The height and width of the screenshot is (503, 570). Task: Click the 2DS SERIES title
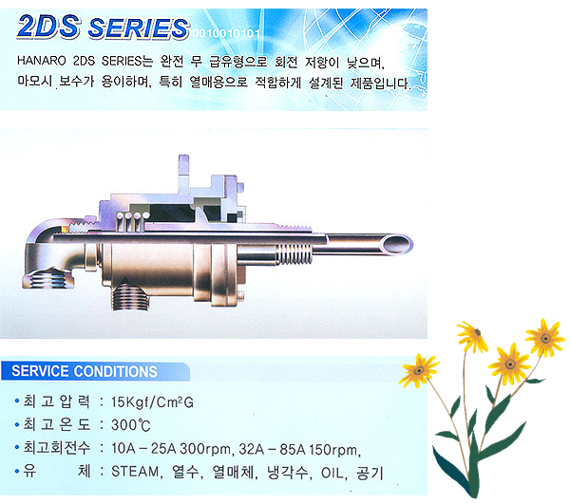pos(103,28)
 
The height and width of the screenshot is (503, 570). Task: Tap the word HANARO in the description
pos(42,61)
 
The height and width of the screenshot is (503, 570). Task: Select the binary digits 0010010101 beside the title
pos(226,34)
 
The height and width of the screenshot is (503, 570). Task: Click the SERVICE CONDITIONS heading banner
pos(95,371)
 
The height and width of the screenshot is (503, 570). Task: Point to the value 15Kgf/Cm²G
pos(152,402)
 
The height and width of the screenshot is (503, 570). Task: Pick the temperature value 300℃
pos(130,425)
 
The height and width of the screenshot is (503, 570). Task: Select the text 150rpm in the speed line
pos(334,450)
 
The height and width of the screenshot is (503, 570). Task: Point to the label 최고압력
pos(56,401)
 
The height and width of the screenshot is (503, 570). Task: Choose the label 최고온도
pos(56,424)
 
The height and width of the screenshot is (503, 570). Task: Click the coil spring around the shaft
pos(294,253)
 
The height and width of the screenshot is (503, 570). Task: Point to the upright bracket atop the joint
pos(183,175)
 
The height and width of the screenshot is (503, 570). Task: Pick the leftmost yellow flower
pos(418,370)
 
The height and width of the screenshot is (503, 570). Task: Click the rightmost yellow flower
pos(545,338)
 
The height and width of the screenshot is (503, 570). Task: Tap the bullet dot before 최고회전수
pos(16,447)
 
